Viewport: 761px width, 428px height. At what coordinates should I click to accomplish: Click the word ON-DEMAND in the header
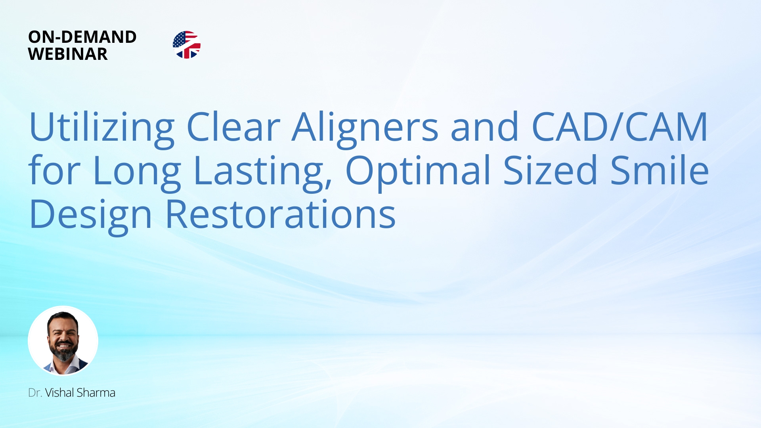(x=82, y=37)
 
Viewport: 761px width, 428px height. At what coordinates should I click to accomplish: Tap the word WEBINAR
(x=68, y=54)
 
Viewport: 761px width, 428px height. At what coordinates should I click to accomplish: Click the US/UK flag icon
(x=187, y=45)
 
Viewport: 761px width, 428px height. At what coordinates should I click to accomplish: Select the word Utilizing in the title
(x=101, y=128)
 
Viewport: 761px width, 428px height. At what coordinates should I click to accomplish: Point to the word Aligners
(x=365, y=128)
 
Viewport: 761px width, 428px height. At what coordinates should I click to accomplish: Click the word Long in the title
(x=137, y=171)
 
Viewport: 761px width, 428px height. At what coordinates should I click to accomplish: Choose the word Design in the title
(x=91, y=215)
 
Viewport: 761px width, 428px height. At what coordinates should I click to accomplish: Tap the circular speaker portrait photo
(x=63, y=340)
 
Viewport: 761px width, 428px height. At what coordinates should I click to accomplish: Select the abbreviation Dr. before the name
(x=35, y=393)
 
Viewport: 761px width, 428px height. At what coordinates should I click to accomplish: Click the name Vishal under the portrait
(x=59, y=393)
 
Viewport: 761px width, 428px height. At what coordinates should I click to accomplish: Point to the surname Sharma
(x=96, y=393)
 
